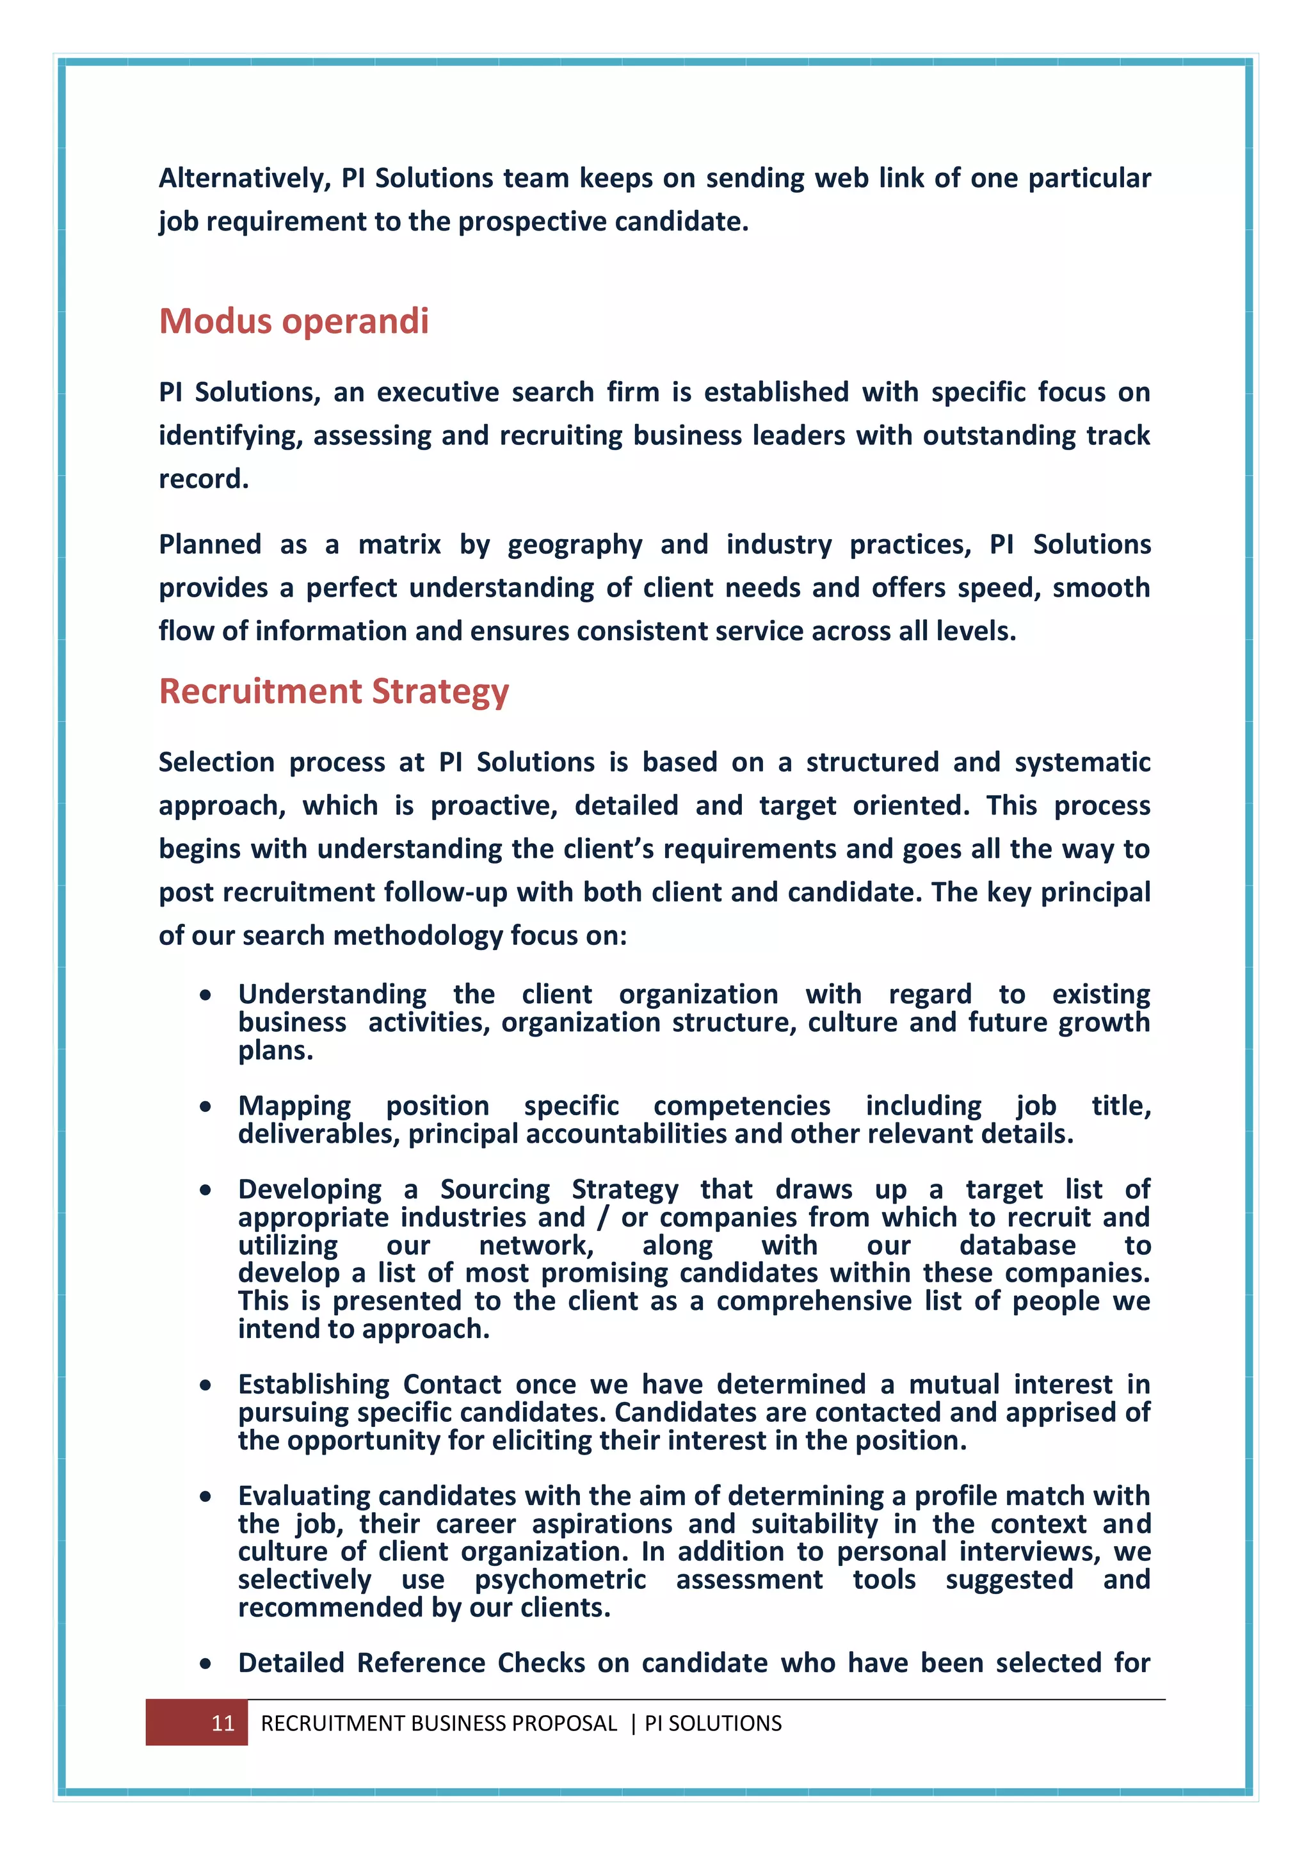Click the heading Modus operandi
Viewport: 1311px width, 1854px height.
293,321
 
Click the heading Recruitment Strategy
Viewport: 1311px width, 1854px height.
334,691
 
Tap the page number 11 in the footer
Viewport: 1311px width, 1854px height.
223,1723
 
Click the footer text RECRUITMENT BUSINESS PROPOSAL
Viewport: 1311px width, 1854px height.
438,1723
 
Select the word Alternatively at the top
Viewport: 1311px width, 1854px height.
245,179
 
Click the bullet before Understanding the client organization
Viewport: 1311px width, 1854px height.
206,996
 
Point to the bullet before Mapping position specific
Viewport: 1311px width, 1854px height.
206,1107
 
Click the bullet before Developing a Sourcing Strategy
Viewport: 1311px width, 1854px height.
206,1190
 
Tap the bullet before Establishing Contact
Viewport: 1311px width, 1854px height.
206,1385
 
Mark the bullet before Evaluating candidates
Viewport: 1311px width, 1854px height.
206,1497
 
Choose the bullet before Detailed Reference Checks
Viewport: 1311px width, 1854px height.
206,1665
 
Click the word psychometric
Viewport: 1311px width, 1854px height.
560,1580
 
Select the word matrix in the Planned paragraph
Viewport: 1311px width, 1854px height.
399,545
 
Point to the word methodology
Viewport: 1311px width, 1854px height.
418,937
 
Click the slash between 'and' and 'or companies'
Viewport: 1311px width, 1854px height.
602,1218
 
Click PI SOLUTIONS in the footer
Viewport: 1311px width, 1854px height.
713,1723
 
